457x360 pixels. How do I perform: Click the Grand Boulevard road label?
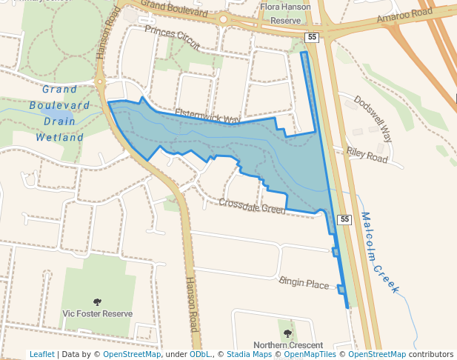pyautogui.click(x=175, y=8)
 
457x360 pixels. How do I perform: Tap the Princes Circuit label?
pyautogui.click(x=173, y=36)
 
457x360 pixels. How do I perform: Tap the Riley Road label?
pyautogui.click(x=367, y=154)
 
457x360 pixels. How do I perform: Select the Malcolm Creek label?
pyautogui.click(x=380, y=252)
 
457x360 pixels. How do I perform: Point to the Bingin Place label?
pyautogui.click(x=304, y=283)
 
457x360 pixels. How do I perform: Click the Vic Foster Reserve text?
pyautogui.click(x=98, y=313)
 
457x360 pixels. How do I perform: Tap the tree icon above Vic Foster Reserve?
pyautogui.click(x=97, y=301)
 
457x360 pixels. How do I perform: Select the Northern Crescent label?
pyautogui.click(x=288, y=345)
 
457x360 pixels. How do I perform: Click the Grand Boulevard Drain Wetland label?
pyautogui.click(x=60, y=113)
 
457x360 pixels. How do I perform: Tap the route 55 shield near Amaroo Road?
pyautogui.click(x=313, y=36)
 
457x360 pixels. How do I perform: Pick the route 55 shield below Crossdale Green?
pyautogui.click(x=344, y=219)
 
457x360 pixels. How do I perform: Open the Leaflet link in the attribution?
pyautogui.click(x=41, y=355)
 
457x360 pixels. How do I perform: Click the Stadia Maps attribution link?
pyautogui.click(x=248, y=355)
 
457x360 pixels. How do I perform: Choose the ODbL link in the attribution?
pyautogui.click(x=200, y=355)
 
